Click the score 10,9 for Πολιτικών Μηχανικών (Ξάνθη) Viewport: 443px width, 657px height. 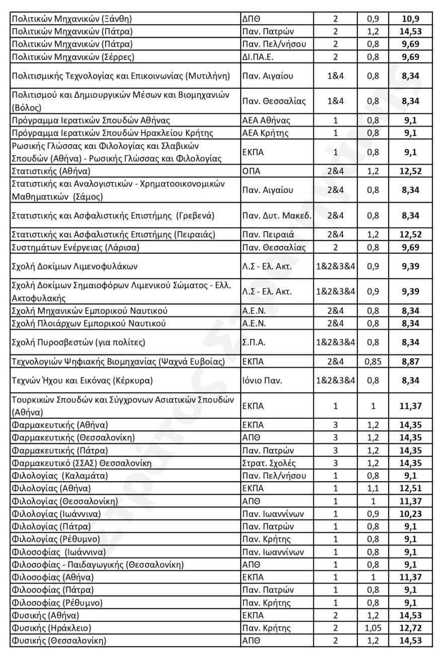pos(410,19)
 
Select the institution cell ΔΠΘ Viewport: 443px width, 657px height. pos(251,19)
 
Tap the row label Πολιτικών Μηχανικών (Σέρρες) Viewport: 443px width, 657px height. pos(72,57)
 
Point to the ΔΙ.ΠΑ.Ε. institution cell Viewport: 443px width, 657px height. pos(258,57)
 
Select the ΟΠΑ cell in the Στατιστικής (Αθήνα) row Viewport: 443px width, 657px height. pos(251,171)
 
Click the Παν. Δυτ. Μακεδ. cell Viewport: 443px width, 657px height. pos(276,216)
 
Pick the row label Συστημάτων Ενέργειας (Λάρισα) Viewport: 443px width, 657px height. pos(75,247)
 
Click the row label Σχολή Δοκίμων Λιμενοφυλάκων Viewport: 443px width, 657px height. pos(74,267)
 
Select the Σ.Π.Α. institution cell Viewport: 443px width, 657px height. pos(254,343)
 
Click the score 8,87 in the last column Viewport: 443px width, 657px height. pos(410,362)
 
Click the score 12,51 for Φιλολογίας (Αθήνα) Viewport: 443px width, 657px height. pos(410,488)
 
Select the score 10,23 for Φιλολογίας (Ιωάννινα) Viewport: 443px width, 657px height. pos(410,514)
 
